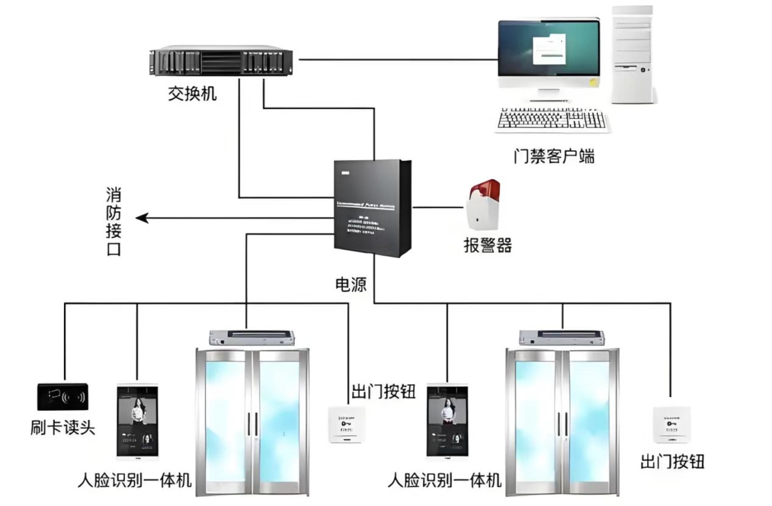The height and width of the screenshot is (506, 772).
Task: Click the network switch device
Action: pyautogui.click(x=221, y=62)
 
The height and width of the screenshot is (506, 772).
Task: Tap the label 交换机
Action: pyautogui.click(x=193, y=94)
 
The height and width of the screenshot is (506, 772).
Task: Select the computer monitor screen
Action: pyautogui.click(x=548, y=49)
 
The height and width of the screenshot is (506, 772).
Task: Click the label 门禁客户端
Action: pyautogui.click(x=554, y=156)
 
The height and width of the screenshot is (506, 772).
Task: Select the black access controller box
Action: pyautogui.click(x=371, y=207)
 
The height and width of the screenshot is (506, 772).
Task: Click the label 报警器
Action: pyautogui.click(x=487, y=245)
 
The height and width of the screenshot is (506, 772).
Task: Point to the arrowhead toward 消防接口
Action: pyautogui.click(x=140, y=218)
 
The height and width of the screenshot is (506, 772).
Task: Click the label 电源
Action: pyautogui.click(x=352, y=284)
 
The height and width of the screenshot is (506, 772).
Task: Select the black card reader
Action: pyautogui.click(x=63, y=397)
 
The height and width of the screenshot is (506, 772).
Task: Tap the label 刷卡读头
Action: pyautogui.click(x=63, y=427)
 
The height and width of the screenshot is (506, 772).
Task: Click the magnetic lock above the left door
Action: pyautogui.click(x=251, y=337)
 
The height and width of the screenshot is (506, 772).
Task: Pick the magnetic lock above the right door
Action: pyautogui.click(x=561, y=337)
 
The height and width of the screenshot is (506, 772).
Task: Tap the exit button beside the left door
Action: pyautogui.click(x=347, y=424)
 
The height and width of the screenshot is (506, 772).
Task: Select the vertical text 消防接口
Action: pyautogui.click(x=113, y=222)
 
